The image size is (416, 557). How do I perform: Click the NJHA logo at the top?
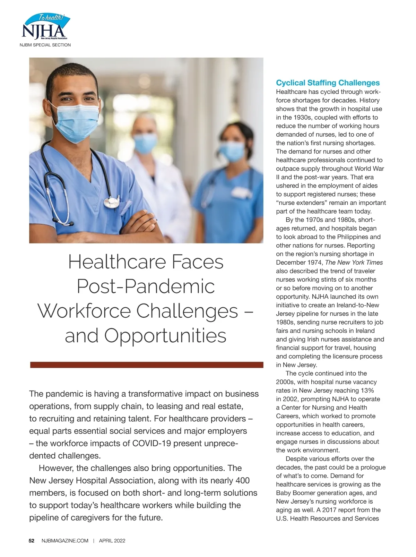point(45,27)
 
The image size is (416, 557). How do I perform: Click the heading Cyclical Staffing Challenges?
point(328,83)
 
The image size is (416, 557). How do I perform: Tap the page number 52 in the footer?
point(31,541)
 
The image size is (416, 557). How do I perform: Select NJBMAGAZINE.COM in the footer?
point(65,541)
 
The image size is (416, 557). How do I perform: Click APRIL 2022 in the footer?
point(112,541)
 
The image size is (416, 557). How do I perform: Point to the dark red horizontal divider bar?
point(147,365)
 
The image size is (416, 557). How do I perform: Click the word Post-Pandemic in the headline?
point(146,286)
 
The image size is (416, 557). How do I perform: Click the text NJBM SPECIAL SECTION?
point(45,45)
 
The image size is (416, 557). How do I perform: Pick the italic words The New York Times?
point(354,263)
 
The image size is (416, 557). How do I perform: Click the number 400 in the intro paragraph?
point(242,481)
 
